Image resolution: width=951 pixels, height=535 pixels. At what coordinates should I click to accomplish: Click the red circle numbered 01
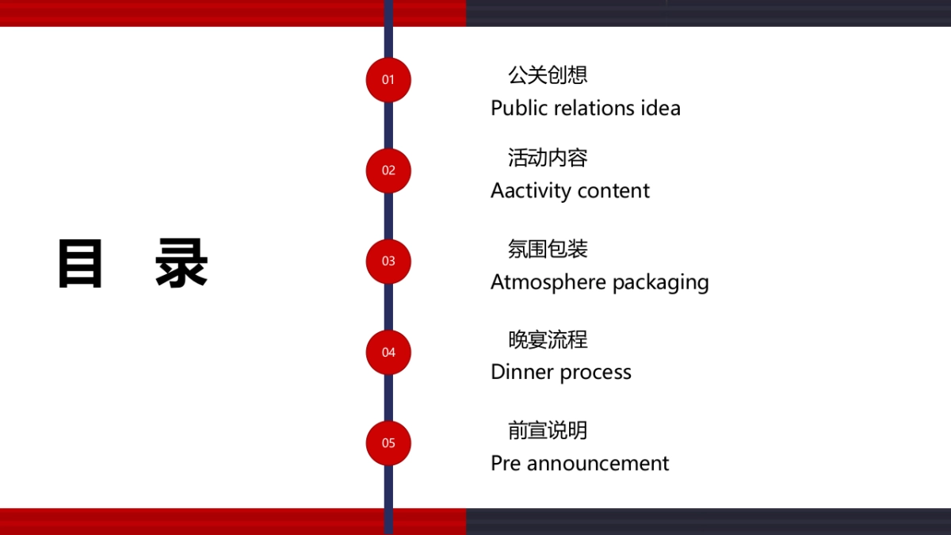pyautogui.click(x=388, y=79)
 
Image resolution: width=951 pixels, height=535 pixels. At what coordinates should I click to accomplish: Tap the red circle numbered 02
pyautogui.click(x=388, y=170)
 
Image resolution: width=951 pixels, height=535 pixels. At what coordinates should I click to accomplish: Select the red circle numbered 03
pyautogui.click(x=388, y=261)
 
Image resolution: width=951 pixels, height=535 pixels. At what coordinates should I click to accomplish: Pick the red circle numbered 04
pyautogui.click(x=388, y=352)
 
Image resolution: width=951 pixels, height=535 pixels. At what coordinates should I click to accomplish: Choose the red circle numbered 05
pyautogui.click(x=388, y=443)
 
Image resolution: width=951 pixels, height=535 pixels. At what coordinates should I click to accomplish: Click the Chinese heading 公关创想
pyautogui.click(x=548, y=75)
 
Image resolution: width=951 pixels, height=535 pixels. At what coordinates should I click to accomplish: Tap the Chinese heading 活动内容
pyautogui.click(x=548, y=158)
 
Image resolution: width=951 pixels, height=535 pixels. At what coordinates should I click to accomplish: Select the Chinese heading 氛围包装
pyautogui.click(x=548, y=249)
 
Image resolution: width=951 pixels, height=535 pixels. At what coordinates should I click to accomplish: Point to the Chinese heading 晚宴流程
pyautogui.click(x=548, y=339)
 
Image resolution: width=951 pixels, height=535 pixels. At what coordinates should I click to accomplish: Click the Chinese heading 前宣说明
pyautogui.click(x=548, y=430)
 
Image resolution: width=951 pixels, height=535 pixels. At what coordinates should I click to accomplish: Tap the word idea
pyautogui.click(x=661, y=108)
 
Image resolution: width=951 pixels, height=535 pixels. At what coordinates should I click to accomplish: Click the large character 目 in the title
pyautogui.click(x=80, y=263)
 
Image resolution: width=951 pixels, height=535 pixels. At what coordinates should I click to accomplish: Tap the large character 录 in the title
pyautogui.click(x=181, y=263)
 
